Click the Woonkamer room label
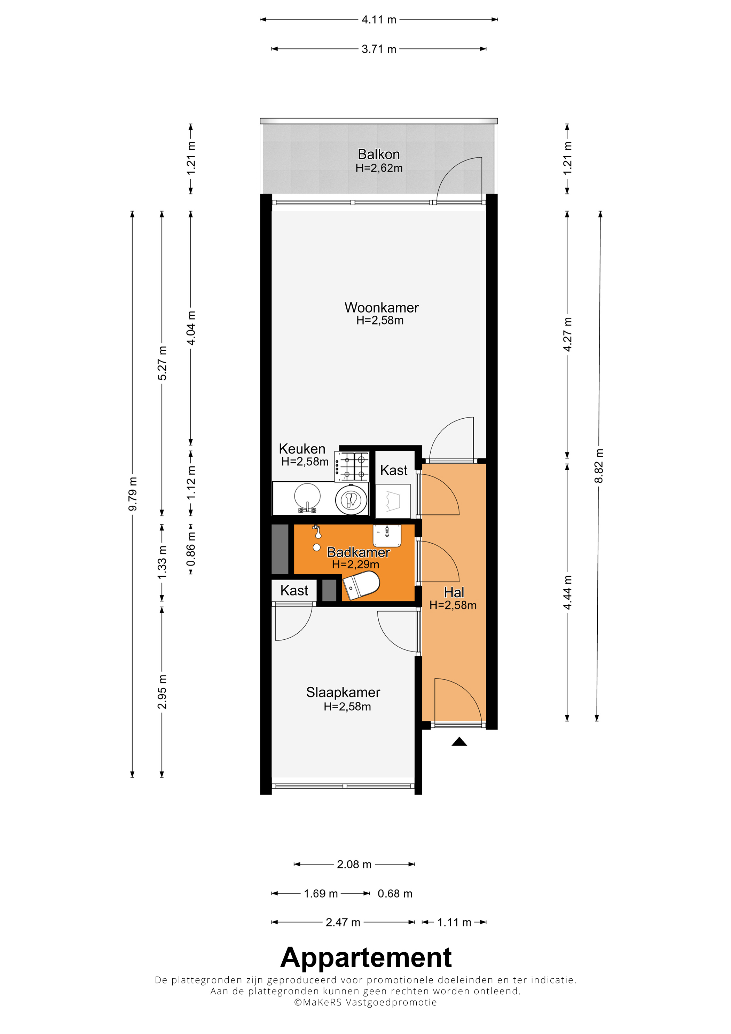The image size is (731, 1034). pyautogui.click(x=381, y=308)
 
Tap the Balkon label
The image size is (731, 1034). pyautogui.click(x=379, y=155)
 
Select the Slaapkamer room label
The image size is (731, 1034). pyautogui.click(x=343, y=692)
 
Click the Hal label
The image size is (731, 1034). pyautogui.click(x=454, y=592)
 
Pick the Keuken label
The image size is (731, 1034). pyautogui.click(x=302, y=449)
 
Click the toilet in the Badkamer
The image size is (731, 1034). pyautogui.click(x=361, y=585)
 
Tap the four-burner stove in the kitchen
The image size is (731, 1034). pyautogui.click(x=352, y=467)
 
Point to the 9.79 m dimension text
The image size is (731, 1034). pyautogui.click(x=132, y=494)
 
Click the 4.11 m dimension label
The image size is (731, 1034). pyautogui.click(x=379, y=20)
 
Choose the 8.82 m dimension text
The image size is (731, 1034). pyautogui.click(x=599, y=466)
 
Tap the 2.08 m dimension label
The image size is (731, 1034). pyautogui.click(x=354, y=864)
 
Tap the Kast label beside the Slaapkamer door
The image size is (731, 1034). pyautogui.click(x=294, y=590)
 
